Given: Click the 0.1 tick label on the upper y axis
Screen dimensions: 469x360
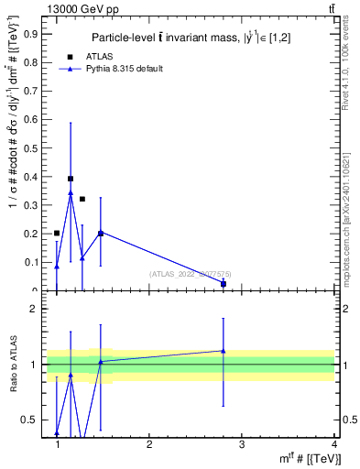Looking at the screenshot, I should coord(33,263).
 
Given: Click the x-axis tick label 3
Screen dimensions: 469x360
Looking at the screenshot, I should coord(242,444).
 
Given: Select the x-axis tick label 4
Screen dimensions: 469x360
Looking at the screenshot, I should coord(334,444).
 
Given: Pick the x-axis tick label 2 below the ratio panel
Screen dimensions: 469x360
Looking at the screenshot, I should coord(149,444).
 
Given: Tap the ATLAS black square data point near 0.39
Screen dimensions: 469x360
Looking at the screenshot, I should coord(71,179).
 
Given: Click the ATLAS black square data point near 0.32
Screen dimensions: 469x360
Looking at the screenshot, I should coord(82,199).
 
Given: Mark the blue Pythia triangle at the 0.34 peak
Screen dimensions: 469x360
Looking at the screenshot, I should coord(71,193).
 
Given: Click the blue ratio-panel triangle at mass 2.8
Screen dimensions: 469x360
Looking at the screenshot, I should coord(224,351).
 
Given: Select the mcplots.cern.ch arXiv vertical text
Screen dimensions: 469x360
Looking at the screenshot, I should coord(345,206).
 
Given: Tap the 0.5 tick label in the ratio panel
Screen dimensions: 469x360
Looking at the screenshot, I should coord(33,420).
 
